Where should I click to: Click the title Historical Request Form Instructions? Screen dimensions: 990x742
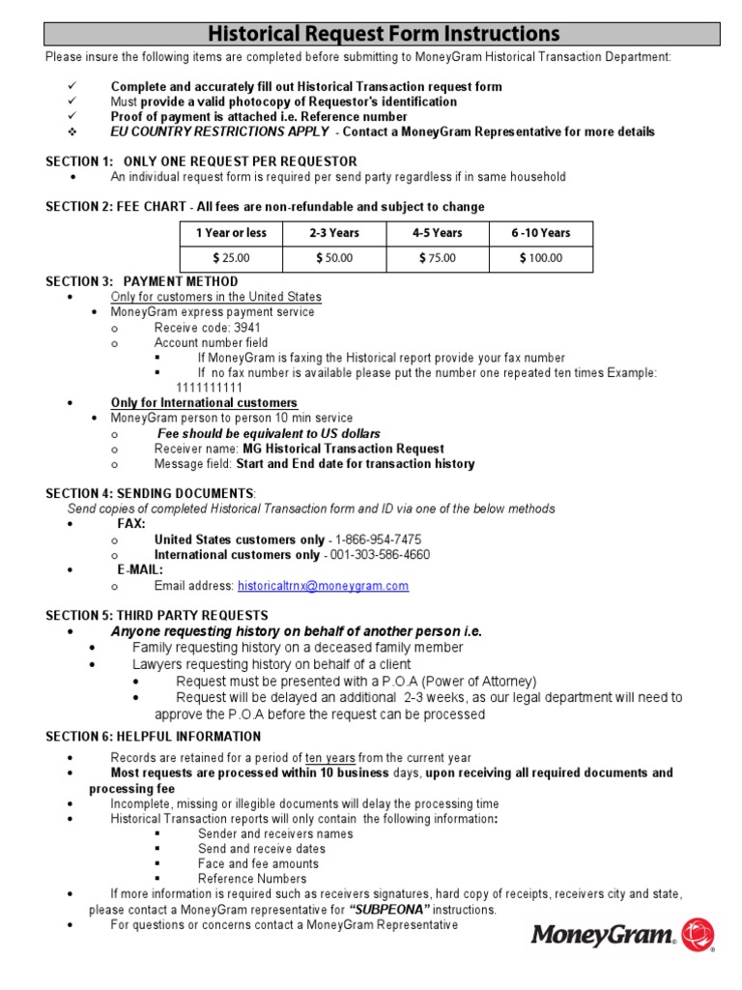click(x=382, y=35)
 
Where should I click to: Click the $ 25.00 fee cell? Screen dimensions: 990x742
click(x=231, y=258)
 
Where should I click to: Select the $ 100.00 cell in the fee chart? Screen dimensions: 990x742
click(x=541, y=258)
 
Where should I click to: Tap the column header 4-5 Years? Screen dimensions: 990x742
click(x=438, y=233)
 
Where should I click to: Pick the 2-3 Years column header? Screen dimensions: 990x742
click(x=334, y=233)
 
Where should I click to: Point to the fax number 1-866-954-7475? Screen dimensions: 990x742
click(x=378, y=539)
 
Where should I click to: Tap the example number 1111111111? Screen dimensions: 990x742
click(x=209, y=388)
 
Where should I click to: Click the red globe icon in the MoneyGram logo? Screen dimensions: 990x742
click(x=698, y=935)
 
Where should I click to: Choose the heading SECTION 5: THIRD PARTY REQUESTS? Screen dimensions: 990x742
click(x=157, y=615)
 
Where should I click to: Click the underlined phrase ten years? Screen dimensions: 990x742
click(x=330, y=758)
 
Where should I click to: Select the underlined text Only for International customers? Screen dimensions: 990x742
click(x=204, y=402)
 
